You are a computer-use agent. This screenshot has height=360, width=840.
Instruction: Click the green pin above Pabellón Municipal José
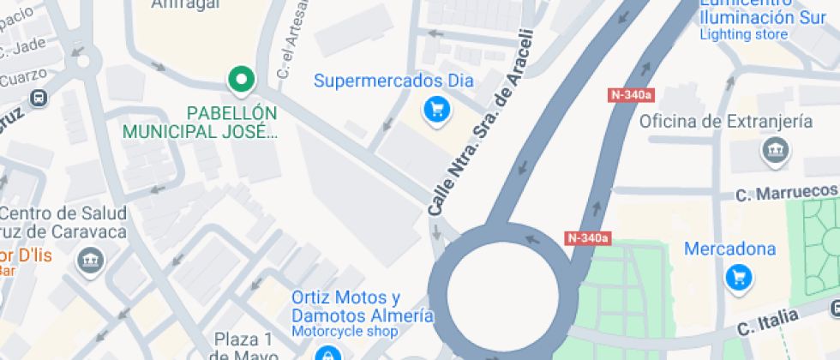point(242,80)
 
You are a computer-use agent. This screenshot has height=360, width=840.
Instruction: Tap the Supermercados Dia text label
point(393,81)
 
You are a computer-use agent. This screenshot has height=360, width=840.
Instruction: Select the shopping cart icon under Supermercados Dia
point(438,109)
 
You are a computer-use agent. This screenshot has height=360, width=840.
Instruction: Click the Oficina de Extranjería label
point(726,121)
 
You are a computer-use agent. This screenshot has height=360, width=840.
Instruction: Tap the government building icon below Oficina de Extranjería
point(775,152)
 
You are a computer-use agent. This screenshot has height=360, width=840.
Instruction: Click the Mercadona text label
point(729,249)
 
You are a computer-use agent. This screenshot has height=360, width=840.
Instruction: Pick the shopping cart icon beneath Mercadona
point(738,277)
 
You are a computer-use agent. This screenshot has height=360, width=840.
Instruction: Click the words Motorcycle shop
point(345,331)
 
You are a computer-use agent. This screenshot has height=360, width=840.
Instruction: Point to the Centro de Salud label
point(64,213)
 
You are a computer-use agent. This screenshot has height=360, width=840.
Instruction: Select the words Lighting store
point(743,34)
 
